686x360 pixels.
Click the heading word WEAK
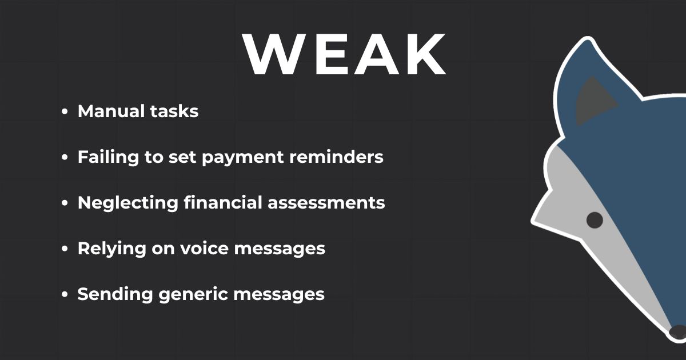pos(344,54)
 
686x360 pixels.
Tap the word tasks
pos(174,111)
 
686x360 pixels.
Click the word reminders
pos(336,157)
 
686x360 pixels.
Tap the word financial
pos(223,202)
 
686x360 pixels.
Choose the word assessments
pos(326,203)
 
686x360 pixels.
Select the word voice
pos(204,248)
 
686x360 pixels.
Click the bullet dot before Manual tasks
pos(64,112)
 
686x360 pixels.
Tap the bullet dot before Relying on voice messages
pos(64,249)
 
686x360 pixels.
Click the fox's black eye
pos(595,220)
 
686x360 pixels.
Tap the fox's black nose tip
pos(679,332)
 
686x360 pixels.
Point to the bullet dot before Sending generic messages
pos(64,294)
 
